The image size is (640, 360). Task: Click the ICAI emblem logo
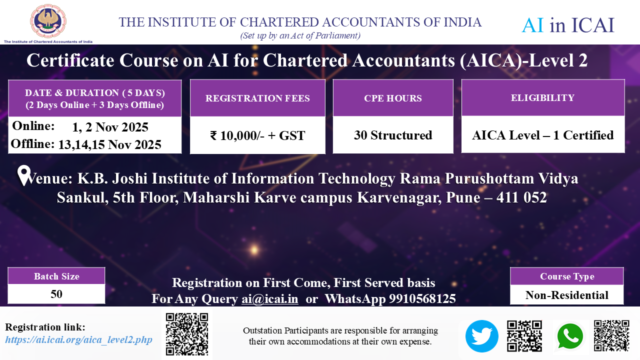(x=48, y=21)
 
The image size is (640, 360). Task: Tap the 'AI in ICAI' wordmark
(x=568, y=25)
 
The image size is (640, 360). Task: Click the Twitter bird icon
(x=481, y=336)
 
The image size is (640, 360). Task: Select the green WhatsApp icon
(x=570, y=336)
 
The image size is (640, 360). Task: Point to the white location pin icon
(x=24, y=175)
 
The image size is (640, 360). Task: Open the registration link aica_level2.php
(x=78, y=339)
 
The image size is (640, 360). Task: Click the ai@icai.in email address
(x=269, y=299)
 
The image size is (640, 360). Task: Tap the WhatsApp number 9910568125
(x=422, y=299)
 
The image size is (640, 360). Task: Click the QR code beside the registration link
(x=187, y=334)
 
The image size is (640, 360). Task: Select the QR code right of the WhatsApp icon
(x=611, y=335)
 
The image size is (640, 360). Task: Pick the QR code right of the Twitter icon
(x=524, y=336)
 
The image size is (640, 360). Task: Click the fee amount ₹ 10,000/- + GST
(x=257, y=135)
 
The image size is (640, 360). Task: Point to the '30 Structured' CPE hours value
(x=393, y=135)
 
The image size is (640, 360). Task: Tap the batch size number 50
(x=56, y=294)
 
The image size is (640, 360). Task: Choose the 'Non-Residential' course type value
(x=567, y=295)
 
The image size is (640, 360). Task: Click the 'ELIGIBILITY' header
(x=542, y=97)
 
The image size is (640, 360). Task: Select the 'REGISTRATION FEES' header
(x=257, y=98)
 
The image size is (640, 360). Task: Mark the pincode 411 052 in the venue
(x=521, y=197)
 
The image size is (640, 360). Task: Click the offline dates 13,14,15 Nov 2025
(x=109, y=144)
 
